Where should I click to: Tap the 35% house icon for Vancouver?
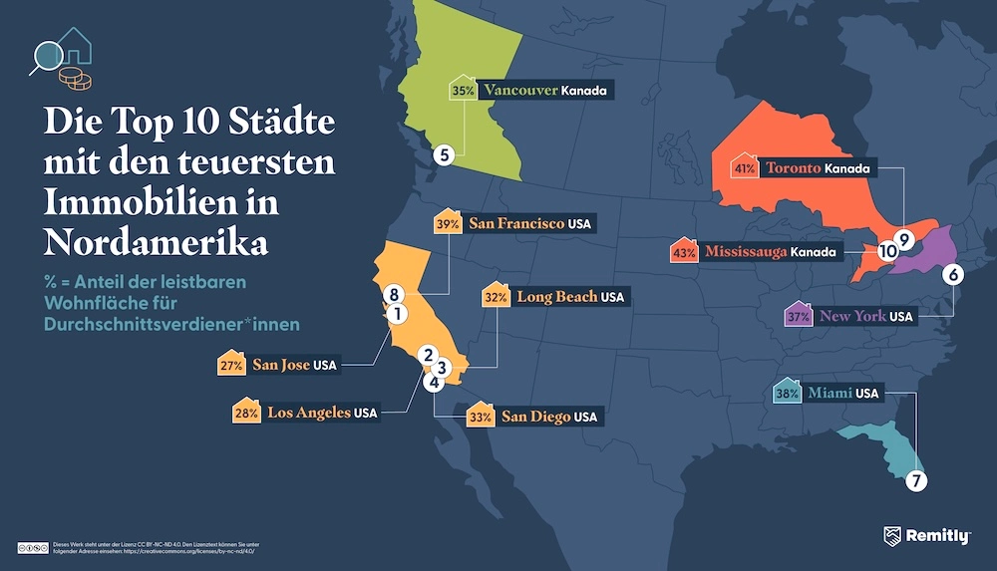point(463,89)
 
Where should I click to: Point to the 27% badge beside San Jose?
point(231,365)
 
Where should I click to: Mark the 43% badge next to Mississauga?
point(684,252)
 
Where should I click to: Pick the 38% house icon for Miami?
point(787,393)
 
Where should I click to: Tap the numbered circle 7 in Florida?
point(916,480)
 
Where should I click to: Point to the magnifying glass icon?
point(46,54)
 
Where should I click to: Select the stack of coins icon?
point(72,77)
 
